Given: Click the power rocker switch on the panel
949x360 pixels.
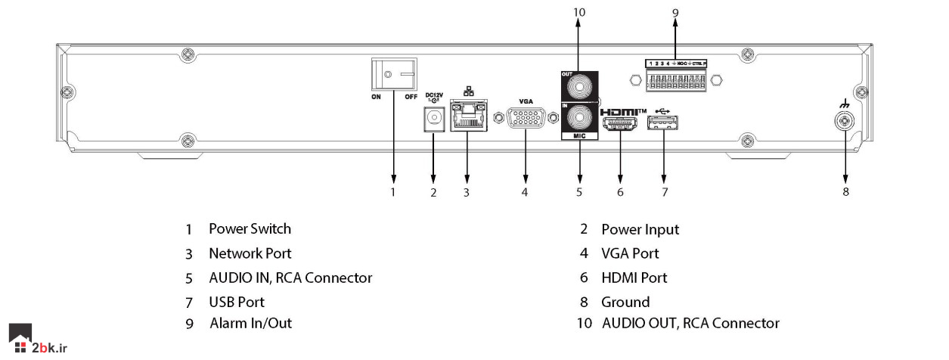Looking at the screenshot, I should [394, 76].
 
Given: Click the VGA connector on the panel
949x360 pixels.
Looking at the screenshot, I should [525, 119].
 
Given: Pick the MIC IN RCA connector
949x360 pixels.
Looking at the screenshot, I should [579, 119].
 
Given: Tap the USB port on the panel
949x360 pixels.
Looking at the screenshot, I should [664, 123].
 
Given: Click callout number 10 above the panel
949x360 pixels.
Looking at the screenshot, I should [579, 11].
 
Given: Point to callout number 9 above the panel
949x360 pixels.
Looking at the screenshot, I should [675, 11].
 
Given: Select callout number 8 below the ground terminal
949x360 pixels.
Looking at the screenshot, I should [845, 192].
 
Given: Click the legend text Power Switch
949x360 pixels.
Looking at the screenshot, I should [250, 228].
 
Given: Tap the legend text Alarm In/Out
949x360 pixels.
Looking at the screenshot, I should [250, 323].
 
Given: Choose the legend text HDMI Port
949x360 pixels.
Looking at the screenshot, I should [634, 278].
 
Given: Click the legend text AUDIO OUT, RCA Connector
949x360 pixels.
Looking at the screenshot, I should [690, 323].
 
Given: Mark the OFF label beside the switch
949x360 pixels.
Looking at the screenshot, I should [411, 97].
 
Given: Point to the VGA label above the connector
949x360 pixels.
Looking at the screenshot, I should [525, 101].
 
